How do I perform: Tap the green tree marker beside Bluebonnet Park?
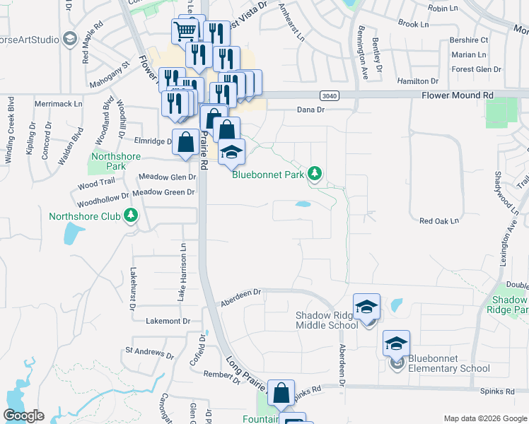click(x=315, y=173)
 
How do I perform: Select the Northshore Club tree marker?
click(x=130, y=216)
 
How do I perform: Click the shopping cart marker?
click(x=185, y=30)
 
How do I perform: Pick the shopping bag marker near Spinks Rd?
click(x=281, y=392)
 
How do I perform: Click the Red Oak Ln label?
click(x=439, y=221)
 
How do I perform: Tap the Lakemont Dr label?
click(x=168, y=321)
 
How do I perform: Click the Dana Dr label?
click(x=310, y=110)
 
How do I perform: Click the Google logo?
click(x=23, y=416)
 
